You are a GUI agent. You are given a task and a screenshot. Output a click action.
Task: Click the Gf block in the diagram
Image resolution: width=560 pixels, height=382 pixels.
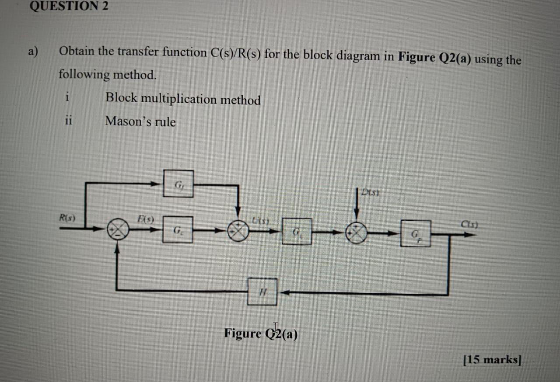point(178,184)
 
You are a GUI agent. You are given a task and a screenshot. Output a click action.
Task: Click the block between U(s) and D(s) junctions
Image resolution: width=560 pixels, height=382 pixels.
point(297,231)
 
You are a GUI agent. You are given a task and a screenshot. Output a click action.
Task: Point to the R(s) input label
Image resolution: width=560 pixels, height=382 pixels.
point(67,217)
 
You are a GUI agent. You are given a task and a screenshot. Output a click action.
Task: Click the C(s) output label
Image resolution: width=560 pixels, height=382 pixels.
point(469,225)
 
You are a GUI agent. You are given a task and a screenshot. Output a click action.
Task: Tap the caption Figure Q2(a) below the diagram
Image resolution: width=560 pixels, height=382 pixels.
point(261,334)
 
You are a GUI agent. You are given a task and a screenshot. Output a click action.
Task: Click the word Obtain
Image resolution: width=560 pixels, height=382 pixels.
point(77,52)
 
